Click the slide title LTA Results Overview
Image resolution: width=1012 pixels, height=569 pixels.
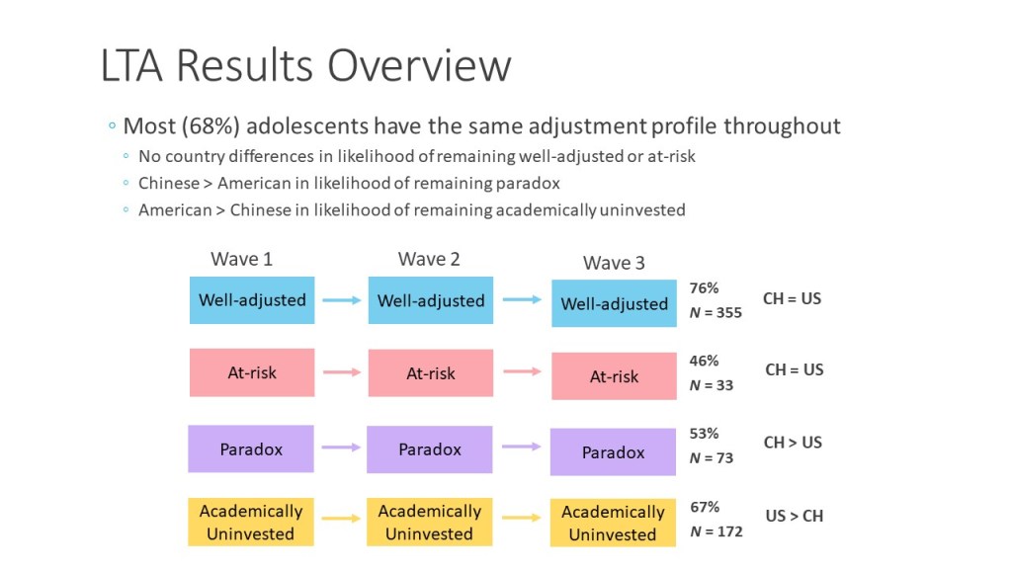tap(306, 65)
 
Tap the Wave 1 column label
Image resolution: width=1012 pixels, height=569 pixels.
tap(241, 259)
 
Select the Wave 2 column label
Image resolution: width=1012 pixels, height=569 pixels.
tap(429, 259)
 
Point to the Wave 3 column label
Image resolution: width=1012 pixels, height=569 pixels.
tap(614, 263)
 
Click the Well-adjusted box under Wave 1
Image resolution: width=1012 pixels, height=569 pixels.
tap(252, 300)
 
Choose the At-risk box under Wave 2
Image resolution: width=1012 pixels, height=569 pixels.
tap(431, 372)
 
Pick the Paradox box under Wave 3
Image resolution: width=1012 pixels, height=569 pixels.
tap(613, 452)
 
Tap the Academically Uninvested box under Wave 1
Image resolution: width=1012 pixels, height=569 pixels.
tap(251, 522)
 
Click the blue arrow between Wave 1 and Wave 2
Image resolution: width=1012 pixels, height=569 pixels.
tap(341, 300)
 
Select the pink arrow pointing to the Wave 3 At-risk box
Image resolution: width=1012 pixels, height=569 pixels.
tap(522, 371)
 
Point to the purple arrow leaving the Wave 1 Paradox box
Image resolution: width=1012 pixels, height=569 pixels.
tap(341, 447)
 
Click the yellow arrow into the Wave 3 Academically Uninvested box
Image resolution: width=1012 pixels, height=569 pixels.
tap(522, 518)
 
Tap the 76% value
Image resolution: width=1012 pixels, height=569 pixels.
tap(704, 287)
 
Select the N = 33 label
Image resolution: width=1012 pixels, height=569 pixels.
tap(712, 385)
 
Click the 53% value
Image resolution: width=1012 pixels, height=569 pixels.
tap(704, 434)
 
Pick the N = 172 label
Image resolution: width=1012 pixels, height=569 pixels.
tap(716, 531)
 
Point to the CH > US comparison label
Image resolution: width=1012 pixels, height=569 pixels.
tap(793, 443)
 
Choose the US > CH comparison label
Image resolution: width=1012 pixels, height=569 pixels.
tap(795, 516)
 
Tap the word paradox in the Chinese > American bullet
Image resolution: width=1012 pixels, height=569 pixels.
tap(528, 183)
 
